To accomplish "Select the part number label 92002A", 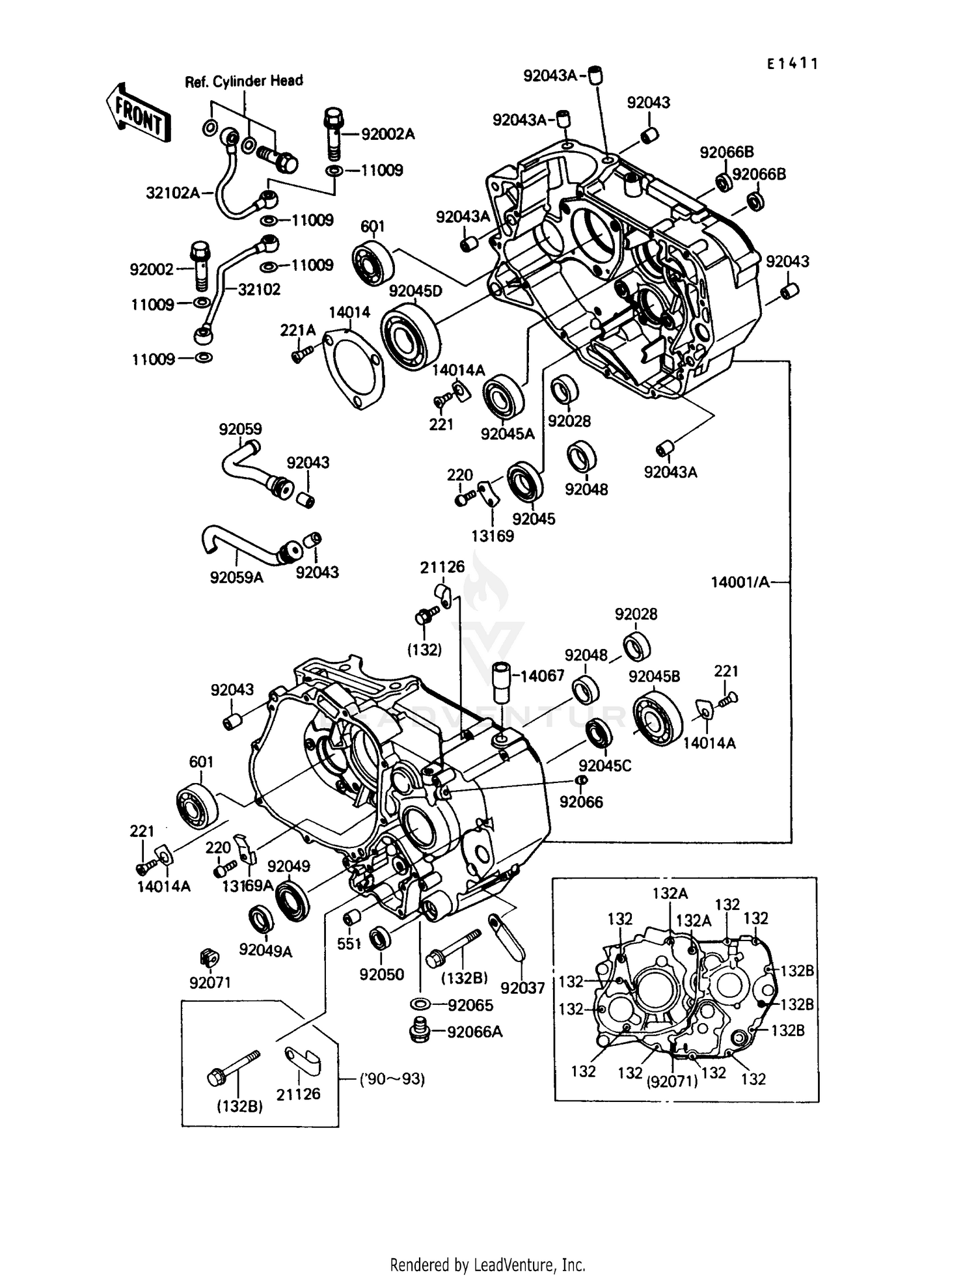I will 387,134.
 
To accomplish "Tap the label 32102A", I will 173,193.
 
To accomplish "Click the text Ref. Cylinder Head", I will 244,81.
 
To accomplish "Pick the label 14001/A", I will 740,582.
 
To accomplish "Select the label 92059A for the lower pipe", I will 236,577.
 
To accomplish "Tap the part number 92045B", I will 654,676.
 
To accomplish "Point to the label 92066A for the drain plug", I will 475,1032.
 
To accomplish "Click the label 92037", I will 523,989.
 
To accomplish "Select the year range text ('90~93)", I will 392,1079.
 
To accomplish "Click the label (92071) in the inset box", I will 672,1082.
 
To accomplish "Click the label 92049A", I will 265,951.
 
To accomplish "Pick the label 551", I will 349,943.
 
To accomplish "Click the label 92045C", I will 605,766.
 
